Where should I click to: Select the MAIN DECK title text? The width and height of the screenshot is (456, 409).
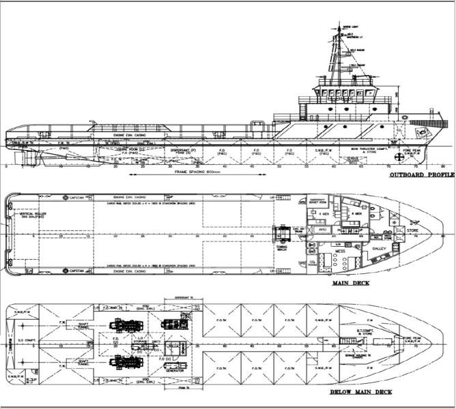(x=347, y=282)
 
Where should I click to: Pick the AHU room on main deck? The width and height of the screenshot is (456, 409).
(x=323, y=229)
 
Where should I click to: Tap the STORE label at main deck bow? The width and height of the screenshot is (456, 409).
(x=412, y=230)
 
